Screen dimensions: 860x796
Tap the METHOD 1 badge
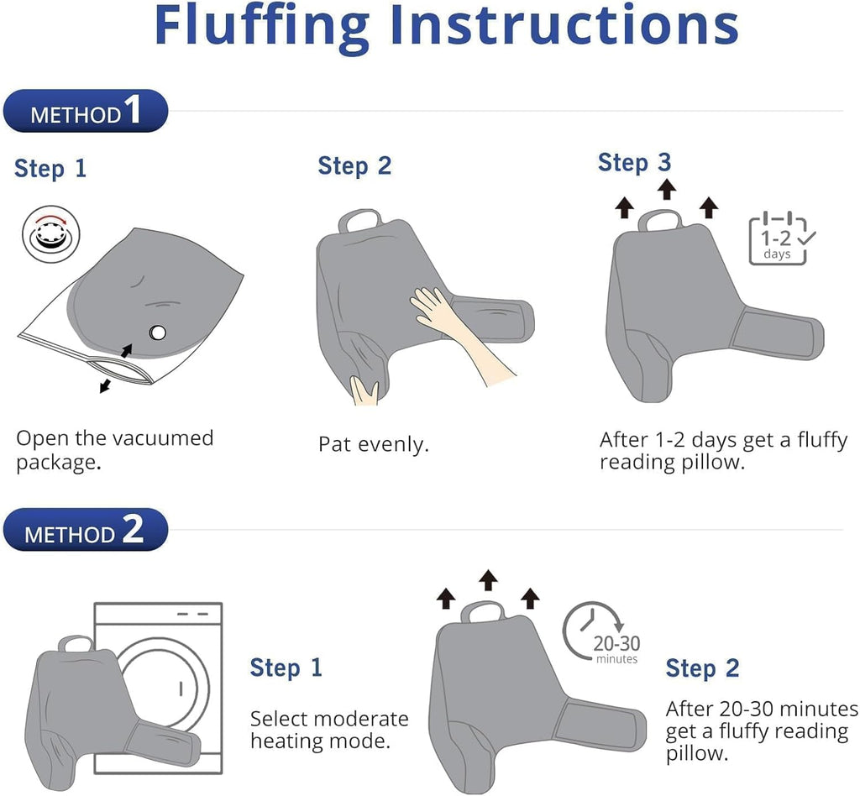tap(86, 111)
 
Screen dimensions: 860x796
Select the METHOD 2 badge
tap(86, 530)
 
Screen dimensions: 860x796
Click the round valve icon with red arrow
tap(51, 234)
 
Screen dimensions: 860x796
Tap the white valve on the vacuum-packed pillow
tap(158, 333)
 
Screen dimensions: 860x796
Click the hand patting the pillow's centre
tap(461, 334)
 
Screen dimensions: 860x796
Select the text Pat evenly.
tap(374, 444)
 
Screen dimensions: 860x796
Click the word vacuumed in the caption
tap(165, 438)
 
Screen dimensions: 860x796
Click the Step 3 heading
tap(635, 163)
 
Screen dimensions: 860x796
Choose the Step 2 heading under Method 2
tap(703, 668)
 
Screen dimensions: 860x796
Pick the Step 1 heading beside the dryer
tap(286, 668)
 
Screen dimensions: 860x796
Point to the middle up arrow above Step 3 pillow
tap(666, 189)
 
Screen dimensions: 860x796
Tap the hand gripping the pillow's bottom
tap(364, 390)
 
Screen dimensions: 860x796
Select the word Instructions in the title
tap(565, 25)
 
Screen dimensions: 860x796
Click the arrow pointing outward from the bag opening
tap(105, 385)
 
